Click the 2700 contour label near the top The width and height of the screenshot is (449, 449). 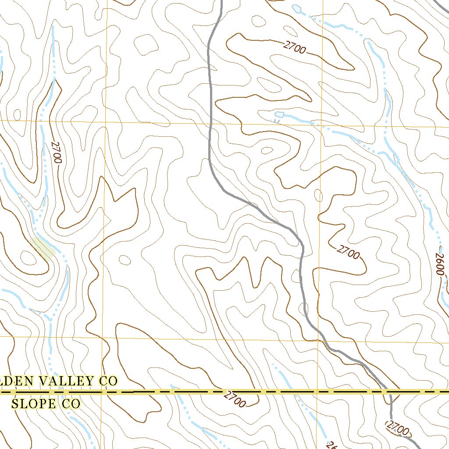pos(294,47)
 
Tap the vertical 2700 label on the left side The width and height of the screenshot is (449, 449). pos(55,152)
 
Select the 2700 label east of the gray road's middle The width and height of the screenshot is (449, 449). pos(349,253)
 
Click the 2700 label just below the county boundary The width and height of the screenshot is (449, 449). pos(235,399)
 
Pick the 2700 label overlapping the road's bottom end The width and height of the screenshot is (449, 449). pos(398,428)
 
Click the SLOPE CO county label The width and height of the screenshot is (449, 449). pos(46,403)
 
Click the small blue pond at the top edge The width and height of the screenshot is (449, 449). pos(297,8)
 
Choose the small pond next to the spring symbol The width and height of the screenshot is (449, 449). pos(279,114)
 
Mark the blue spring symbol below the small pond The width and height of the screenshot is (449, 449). pos(277,121)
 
